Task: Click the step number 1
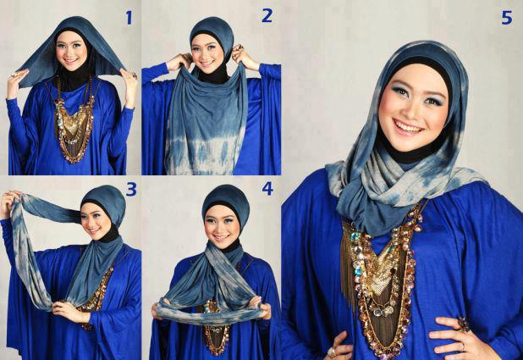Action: click(x=129, y=18)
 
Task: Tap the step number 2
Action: click(x=267, y=16)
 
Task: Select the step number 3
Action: click(x=131, y=190)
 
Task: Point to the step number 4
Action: click(x=267, y=189)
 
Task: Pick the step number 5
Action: click(x=506, y=18)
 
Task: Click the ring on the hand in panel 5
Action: click(x=464, y=324)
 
